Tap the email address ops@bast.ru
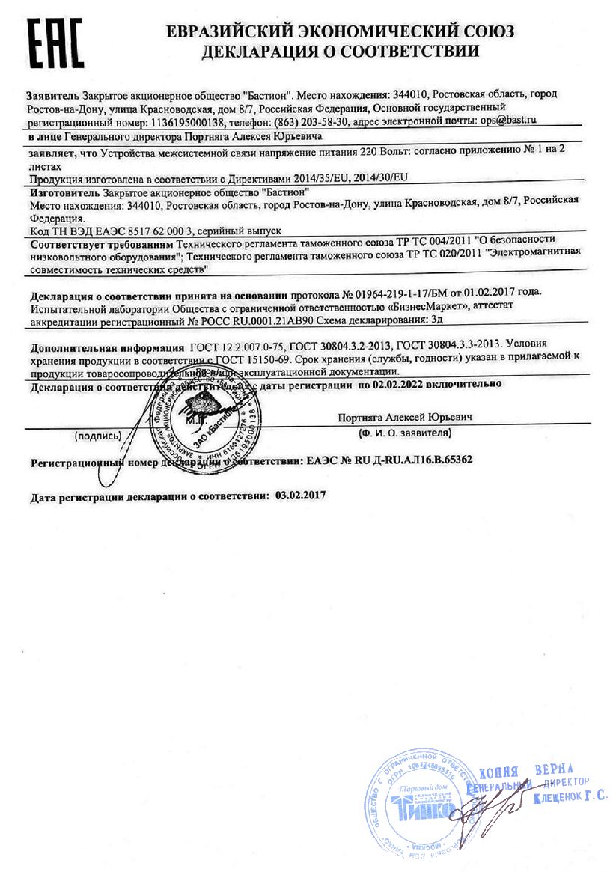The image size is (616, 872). click(508, 119)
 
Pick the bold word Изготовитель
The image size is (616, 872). click(64, 191)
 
